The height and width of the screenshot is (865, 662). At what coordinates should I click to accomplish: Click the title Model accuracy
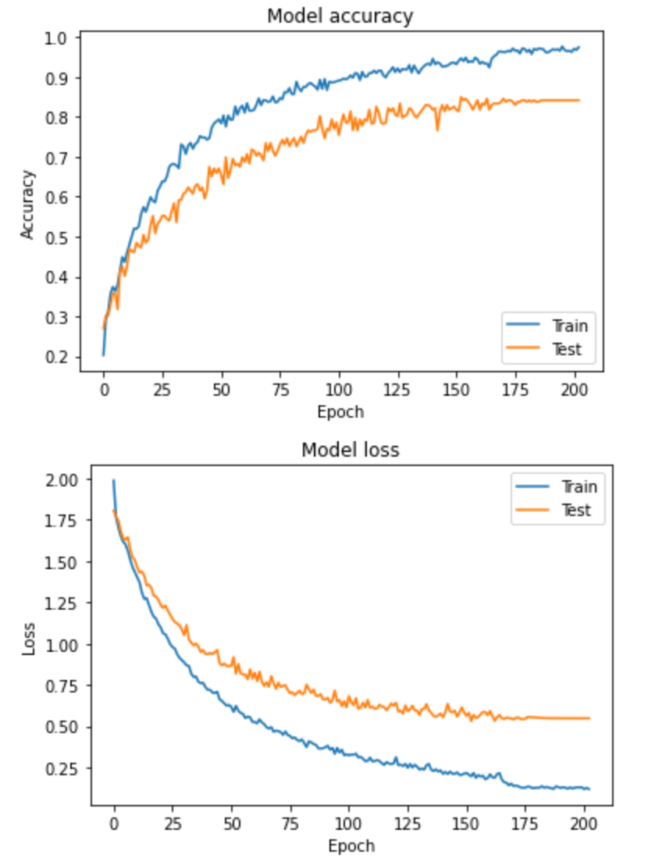[x=340, y=16]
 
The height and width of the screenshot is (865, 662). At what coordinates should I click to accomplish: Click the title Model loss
[x=350, y=450]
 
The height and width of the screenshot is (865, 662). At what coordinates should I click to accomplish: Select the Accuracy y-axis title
[x=28, y=205]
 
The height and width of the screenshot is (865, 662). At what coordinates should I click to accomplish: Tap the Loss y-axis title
[x=29, y=636]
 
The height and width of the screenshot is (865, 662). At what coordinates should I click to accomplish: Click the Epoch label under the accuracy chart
[x=340, y=411]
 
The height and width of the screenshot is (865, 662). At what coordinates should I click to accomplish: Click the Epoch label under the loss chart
[x=351, y=845]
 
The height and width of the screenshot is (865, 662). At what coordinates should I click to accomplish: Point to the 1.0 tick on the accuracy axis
[x=59, y=38]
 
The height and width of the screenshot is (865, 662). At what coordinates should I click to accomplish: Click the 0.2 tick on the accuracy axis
[x=59, y=358]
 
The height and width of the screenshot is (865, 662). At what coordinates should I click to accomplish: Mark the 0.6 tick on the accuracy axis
[x=59, y=198]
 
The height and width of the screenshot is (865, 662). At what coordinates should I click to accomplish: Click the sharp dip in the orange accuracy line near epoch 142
[x=437, y=129]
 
